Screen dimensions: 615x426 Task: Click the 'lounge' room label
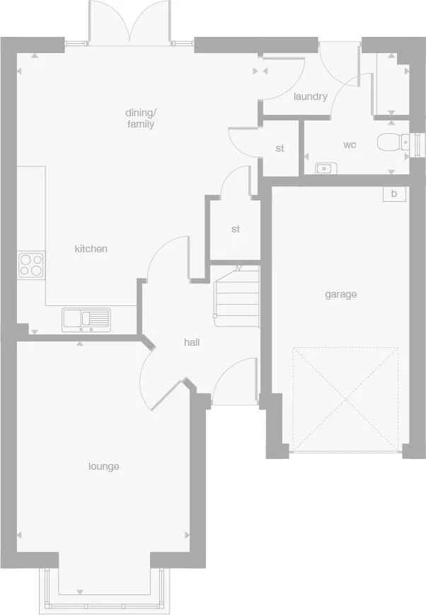pos(103,466)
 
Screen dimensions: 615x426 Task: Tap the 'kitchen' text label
pos(91,249)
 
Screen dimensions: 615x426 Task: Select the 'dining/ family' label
pos(140,118)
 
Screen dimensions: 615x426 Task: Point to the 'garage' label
pos(340,294)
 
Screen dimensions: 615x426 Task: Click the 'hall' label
pos(192,342)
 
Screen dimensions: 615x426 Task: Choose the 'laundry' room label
pos(310,96)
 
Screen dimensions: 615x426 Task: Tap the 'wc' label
pos(350,145)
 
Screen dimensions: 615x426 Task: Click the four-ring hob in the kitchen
pos(30,265)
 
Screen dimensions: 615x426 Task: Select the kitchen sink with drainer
pos(86,318)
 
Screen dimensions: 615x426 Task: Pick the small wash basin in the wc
pos(326,169)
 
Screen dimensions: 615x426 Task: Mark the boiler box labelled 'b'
pos(394,193)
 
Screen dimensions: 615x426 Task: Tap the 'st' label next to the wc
pos(280,149)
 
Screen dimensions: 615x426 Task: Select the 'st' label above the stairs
pos(236,230)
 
